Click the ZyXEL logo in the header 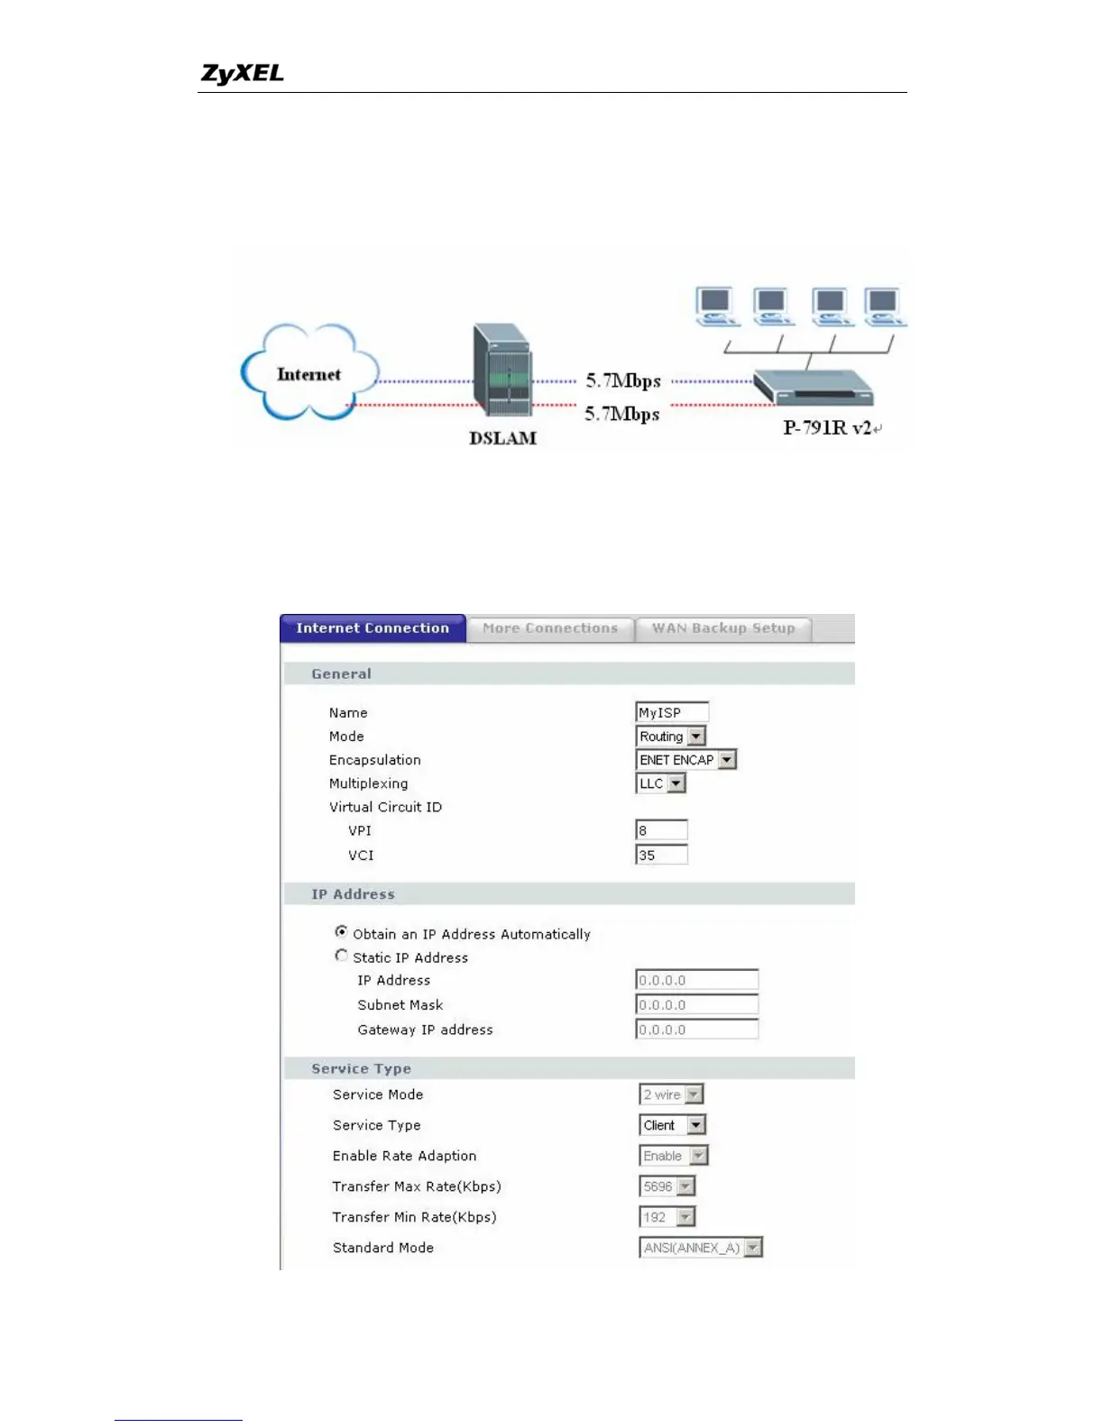242,73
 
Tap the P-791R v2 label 827,428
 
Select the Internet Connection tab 373,628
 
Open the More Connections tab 550,628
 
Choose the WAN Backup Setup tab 723,628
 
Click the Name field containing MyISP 671,712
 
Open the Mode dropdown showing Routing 671,737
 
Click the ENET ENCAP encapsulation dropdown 686,760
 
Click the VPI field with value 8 661,830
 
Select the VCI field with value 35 661,855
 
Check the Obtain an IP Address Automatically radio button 341,932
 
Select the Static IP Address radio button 341,956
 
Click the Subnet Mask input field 696,1004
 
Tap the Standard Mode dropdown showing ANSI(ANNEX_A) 701,1248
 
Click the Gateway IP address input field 696,1030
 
